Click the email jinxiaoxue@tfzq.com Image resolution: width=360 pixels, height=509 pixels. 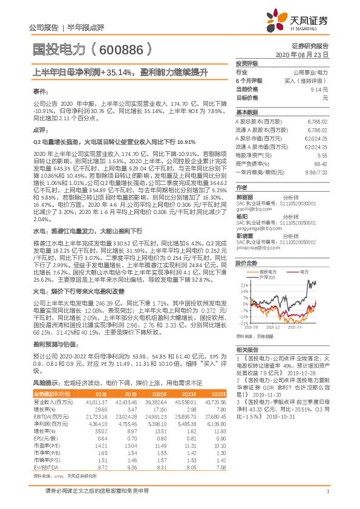click(254, 248)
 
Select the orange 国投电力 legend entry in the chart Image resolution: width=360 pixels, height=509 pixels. click(270, 272)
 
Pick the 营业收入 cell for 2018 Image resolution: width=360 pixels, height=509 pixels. click(97, 402)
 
